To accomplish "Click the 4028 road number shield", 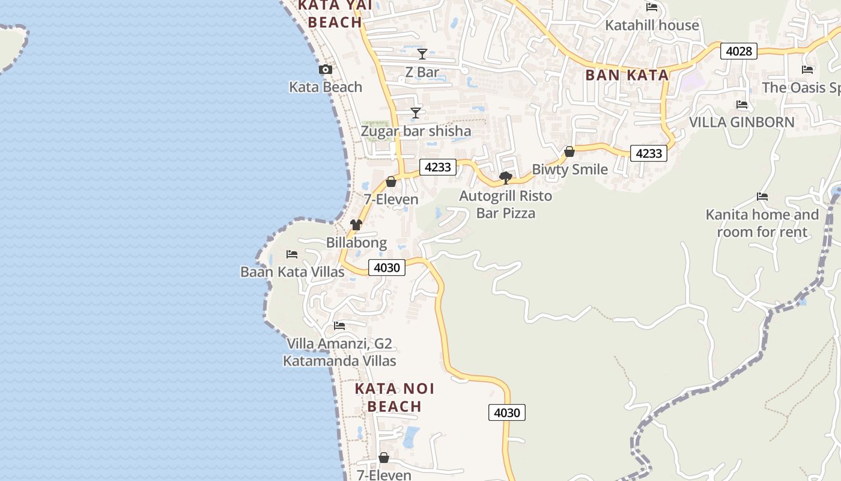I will (x=738, y=51).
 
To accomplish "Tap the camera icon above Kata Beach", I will (x=326, y=70).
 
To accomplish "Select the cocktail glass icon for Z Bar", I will (x=422, y=54).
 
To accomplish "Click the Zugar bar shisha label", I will (x=416, y=131).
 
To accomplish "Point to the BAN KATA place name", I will (x=627, y=75).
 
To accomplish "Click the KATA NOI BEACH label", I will (x=394, y=397).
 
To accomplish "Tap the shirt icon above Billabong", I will (x=356, y=225).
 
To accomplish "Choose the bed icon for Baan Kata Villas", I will (x=292, y=254).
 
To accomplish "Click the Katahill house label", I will (x=652, y=25).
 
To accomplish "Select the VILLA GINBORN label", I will (x=741, y=122).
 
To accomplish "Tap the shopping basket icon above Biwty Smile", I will (x=569, y=152).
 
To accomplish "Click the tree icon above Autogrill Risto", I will (x=506, y=177).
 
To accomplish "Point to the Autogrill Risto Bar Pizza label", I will (x=505, y=204).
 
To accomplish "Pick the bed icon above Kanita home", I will (x=762, y=197).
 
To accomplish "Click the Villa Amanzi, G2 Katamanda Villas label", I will (x=339, y=352).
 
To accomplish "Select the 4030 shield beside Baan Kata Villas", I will (x=386, y=268).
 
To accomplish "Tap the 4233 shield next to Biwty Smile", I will (x=649, y=153).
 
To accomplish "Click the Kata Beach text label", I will (x=326, y=87).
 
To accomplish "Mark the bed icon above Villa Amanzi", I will (x=339, y=326).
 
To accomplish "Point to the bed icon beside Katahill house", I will (x=652, y=7).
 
